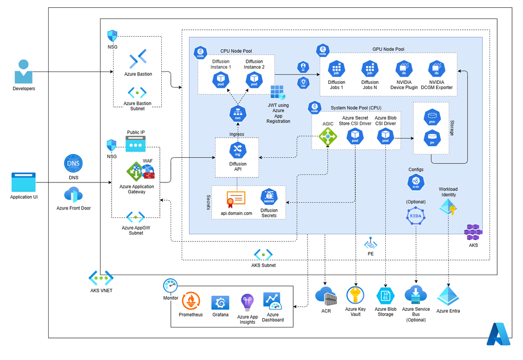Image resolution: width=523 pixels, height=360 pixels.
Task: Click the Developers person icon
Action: point(23,71)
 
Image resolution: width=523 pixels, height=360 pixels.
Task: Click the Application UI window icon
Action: point(24,182)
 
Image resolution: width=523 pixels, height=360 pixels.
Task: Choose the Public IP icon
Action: point(135,144)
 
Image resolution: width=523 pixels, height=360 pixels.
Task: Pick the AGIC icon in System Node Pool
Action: point(328,137)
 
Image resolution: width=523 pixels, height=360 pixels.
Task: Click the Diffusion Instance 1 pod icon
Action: point(220,80)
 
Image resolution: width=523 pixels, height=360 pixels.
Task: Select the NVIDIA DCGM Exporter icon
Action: point(436,69)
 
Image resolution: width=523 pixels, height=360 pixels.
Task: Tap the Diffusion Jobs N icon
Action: point(370,69)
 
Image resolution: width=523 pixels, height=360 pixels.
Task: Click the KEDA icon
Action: point(416,215)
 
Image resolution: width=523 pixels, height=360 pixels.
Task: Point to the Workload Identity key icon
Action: point(448,208)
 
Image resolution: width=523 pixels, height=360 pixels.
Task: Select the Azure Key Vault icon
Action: point(355,295)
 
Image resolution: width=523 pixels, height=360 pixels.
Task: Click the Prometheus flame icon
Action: point(191,302)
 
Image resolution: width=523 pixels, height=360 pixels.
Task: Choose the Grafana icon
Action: point(220,302)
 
